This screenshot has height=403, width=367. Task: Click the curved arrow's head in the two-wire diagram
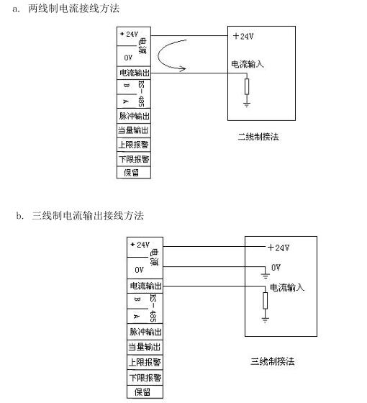[183, 68]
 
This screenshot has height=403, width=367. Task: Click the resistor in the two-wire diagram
[247, 86]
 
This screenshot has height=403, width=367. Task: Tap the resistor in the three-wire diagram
[266, 301]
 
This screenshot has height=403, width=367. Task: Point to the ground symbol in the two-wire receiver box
[247, 104]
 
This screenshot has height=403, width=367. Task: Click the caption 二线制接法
[258, 137]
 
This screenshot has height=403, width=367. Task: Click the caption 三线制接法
[273, 361]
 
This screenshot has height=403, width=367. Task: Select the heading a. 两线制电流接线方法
[66, 9]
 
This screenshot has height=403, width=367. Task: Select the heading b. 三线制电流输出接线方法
[80, 215]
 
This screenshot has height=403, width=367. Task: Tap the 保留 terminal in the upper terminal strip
[134, 173]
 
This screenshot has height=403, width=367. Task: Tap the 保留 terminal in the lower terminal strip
[145, 392]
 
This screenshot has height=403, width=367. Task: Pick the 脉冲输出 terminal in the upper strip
[134, 116]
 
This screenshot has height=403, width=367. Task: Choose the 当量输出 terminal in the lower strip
[145, 347]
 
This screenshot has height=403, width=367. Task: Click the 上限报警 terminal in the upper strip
[134, 145]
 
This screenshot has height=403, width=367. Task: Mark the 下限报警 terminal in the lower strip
[145, 378]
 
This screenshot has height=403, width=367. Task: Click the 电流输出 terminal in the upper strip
[134, 73]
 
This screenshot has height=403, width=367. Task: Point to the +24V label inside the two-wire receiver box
[243, 36]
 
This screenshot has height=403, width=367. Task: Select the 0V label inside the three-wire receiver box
[276, 268]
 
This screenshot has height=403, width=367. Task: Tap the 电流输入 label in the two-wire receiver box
[248, 64]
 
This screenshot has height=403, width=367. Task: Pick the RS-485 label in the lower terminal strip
[153, 309]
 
